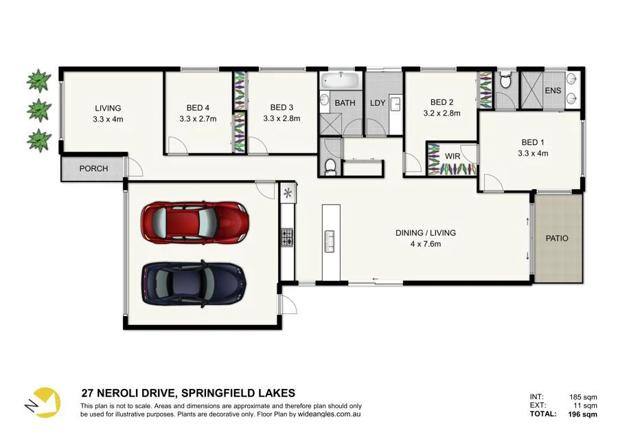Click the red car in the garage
coord(195,223)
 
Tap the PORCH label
coord(93,168)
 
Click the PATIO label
coord(557,238)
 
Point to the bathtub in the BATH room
coord(340,80)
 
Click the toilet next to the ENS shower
coord(505,81)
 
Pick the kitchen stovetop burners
coord(287,238)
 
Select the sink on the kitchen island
coord(329,241)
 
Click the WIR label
coord(452,156)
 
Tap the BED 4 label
coord(198,108)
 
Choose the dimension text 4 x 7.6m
coord(426,244)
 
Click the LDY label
coord(378,103)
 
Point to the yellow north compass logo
coord(43,402)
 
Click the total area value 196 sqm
coord(582,414)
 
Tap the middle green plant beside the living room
coord(38,110)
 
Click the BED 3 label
coord(282,107)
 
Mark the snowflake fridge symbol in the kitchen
coord(288,193)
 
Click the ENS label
coord(553,91)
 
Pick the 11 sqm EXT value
coord(585,405)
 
